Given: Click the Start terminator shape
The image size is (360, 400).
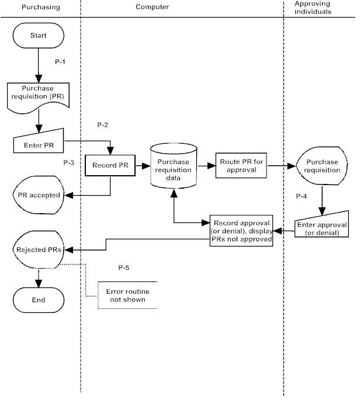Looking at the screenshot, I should (38, 35).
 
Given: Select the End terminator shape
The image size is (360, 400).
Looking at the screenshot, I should (38, 300).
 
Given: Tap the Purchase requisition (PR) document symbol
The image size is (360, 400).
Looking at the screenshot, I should (38, 93).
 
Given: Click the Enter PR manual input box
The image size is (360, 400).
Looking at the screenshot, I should (38, 144).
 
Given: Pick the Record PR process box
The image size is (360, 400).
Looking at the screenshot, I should (110, 165).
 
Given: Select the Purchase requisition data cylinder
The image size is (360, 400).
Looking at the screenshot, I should (174, 166).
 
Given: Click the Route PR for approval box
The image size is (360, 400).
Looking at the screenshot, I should (241, 165).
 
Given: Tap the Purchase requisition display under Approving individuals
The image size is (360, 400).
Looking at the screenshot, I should (320, 166).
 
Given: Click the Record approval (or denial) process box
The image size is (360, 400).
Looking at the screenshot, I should (241, 231).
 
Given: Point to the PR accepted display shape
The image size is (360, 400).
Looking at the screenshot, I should (38, 195).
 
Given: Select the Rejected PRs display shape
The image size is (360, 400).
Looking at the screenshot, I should (38, 249).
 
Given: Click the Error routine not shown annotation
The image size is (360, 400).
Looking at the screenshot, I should (125, 295).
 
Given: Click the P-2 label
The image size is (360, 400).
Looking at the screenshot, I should (102, 125).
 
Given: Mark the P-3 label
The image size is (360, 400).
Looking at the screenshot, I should (69, 163).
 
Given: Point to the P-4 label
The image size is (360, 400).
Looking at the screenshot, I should (302, 197).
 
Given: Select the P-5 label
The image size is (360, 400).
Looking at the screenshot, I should (123, 267).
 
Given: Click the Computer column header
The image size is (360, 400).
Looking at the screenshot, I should (153, 7).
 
